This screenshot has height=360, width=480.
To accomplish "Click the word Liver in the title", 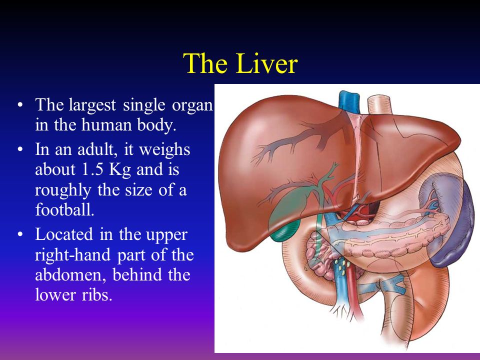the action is pos(266,63).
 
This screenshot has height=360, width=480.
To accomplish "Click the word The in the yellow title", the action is pos(205,63).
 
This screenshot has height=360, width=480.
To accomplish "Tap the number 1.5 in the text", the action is pos(92,169).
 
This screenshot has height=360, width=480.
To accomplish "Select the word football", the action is pos(64,209).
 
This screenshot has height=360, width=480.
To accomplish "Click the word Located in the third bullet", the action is pos(64,234).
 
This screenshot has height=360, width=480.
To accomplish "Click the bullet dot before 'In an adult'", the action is pos(20,150).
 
